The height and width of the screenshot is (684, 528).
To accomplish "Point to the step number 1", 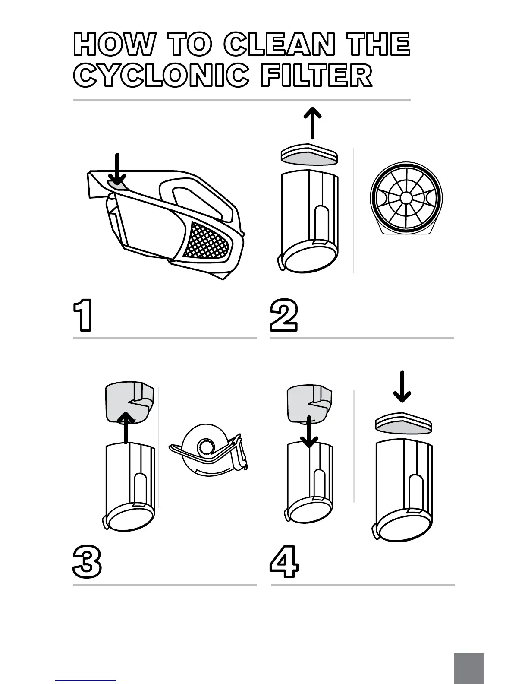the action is [83, 316].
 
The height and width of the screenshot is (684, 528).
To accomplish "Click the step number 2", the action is [284, 316].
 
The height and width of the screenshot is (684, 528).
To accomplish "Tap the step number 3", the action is [87, 561].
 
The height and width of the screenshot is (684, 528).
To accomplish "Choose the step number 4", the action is [284, 561].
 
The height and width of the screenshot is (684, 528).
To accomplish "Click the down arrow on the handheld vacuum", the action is [117, 169].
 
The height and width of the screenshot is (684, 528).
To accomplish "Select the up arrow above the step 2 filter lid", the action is [313, 123].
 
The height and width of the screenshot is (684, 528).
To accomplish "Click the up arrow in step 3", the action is [126, 427].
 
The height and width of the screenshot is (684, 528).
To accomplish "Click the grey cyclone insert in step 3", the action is [129, 402].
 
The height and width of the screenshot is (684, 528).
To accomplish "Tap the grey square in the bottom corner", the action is [468, 668].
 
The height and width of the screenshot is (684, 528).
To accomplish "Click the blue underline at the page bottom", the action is [85, 680].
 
